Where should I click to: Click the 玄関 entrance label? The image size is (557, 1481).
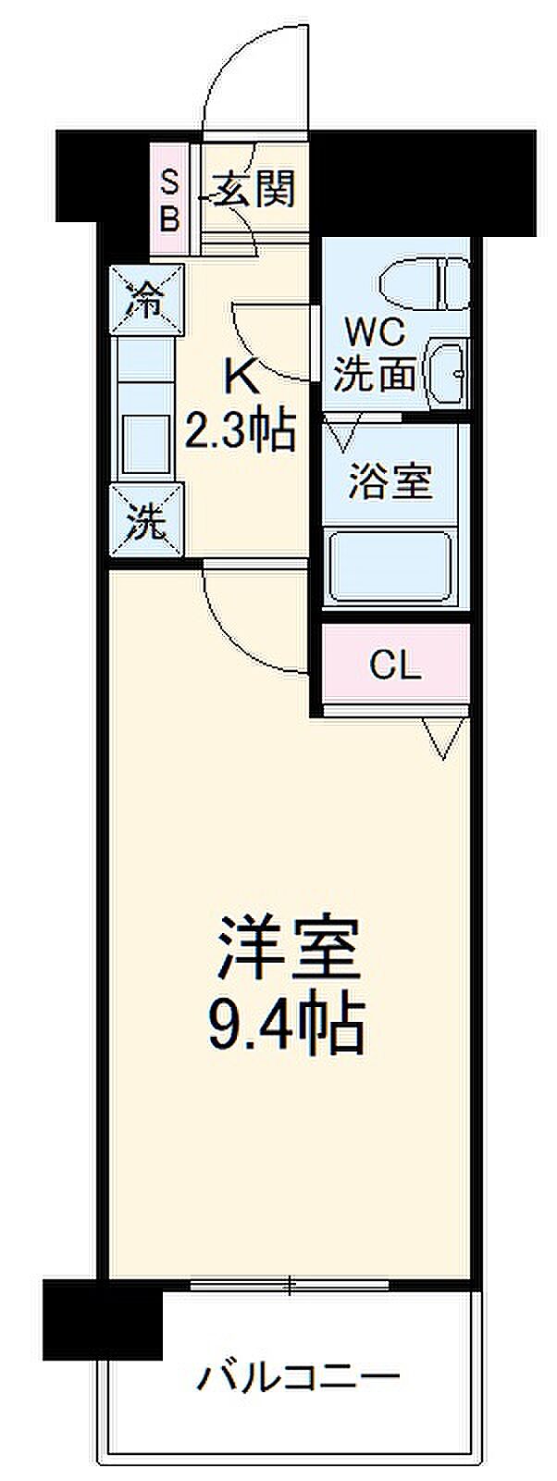pos(256,190)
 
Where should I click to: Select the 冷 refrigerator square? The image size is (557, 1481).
pos(146,300)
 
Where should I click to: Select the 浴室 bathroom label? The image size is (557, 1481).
pos(390,481)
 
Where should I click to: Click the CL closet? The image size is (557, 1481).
pos(395,665)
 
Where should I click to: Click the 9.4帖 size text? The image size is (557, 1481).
pos(287,1023)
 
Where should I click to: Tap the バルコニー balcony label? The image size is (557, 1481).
pos(297,1377)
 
